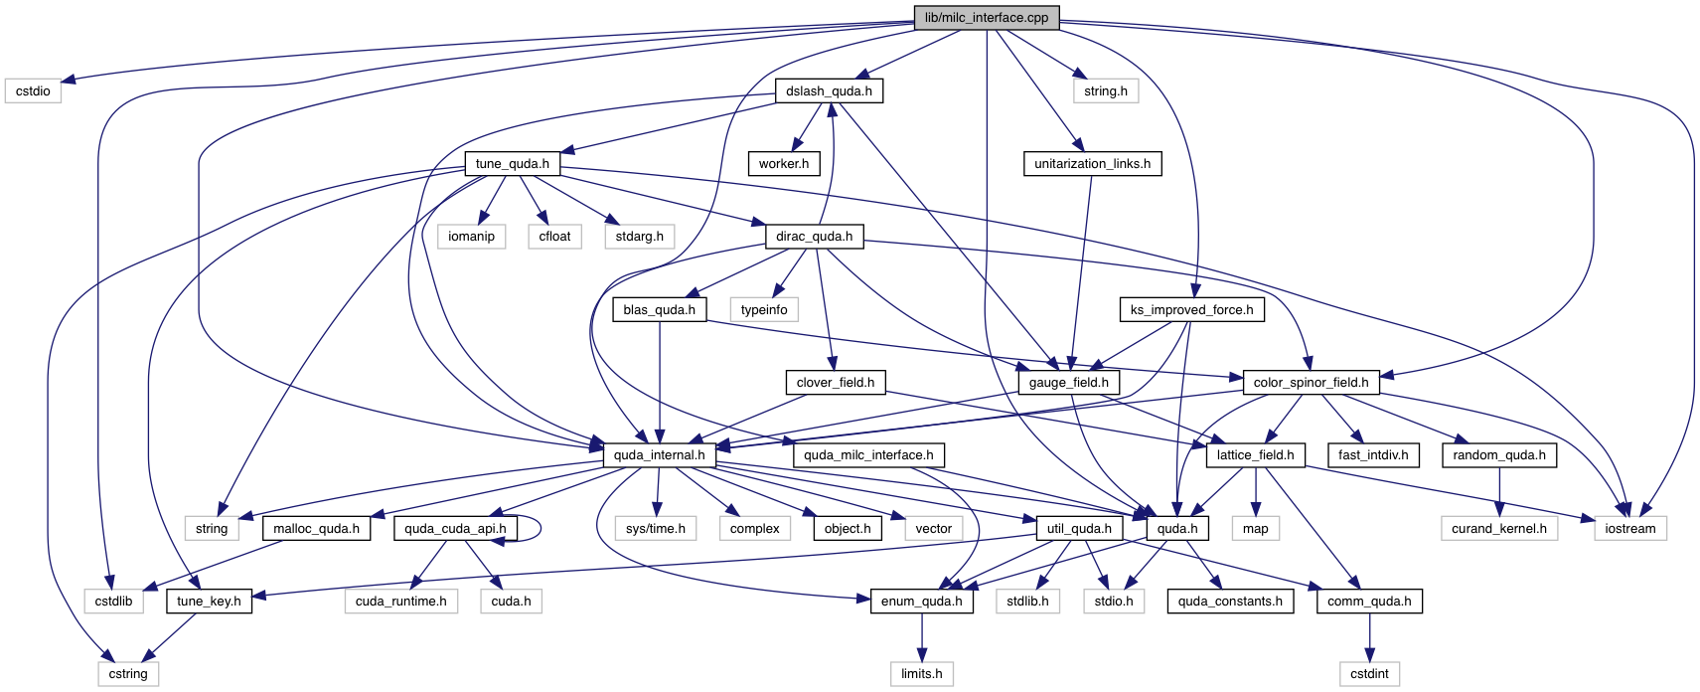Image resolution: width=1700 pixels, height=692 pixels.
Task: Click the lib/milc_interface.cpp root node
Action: pos(986,18)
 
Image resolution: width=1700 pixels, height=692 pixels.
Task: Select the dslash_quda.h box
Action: pos(829,91)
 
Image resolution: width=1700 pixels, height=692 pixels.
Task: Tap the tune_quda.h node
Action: pos(512,164)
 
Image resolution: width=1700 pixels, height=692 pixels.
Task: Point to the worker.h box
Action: pos(783,164)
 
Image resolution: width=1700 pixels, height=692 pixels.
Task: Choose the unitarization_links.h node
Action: pos(1092,164)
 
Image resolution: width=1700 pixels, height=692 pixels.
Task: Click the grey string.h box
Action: pos(1105,91)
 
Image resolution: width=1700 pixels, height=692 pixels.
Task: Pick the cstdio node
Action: pos(33,91)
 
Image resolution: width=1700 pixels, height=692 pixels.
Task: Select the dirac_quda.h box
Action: pos(814,237)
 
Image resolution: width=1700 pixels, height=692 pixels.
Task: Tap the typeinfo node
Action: pos(764,310)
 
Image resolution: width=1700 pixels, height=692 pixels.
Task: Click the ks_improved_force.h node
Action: pos(1191,310)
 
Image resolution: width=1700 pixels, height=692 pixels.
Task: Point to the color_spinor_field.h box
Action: pos(1311,383)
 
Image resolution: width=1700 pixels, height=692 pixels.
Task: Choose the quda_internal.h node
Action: pos(659,455)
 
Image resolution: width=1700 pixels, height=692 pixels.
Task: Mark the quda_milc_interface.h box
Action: pos(868,455)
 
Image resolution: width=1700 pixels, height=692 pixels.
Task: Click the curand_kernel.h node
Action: pos(1498,529)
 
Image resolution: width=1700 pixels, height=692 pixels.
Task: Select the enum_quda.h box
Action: pos(921,602)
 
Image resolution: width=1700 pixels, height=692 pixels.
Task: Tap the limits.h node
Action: pos(921,674)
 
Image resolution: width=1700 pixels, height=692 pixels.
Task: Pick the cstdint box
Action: pos(1369,674)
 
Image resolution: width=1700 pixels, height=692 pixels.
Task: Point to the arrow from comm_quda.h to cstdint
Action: pos(1369,637)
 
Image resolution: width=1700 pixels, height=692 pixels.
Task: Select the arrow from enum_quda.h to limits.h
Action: pos(921,637)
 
